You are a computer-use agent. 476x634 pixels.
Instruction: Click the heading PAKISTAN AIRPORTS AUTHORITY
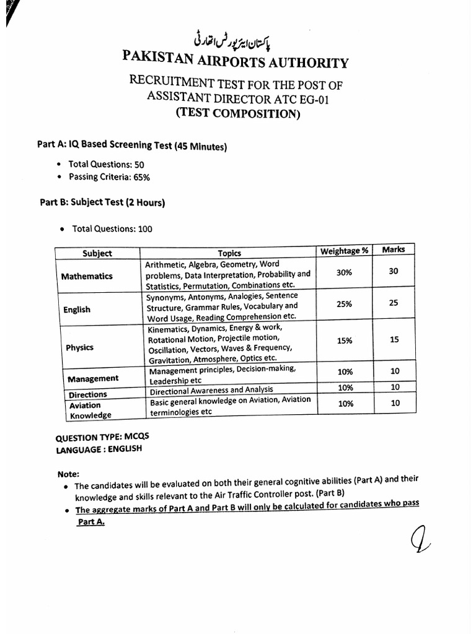[x=236, y=62]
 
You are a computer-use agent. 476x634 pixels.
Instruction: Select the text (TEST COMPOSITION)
[x=237, y=113]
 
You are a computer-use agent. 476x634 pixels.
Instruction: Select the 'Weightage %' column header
[x=344, y=251]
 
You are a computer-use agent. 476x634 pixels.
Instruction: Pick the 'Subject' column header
[x=97, y=253]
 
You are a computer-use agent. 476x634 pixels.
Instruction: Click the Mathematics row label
[x=87, y=276]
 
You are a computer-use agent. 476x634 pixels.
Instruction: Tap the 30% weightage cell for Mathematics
[x=344, y=272]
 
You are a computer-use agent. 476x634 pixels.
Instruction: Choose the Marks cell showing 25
[x=394, y=303]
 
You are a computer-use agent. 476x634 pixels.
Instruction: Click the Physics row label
[x=79, y=347]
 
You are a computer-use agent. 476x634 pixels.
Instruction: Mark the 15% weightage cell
[x=345, y=341]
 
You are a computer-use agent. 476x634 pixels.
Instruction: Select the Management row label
[x=93, y=378]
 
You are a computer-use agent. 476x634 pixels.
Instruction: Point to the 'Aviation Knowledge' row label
[x=90, y=410]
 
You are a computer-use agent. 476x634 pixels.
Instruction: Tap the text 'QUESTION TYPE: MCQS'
[x=102, y=437]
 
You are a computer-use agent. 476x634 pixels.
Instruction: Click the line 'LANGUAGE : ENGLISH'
[x=99, y=449]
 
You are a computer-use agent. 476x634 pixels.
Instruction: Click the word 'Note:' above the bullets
[x=69, y=474]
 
